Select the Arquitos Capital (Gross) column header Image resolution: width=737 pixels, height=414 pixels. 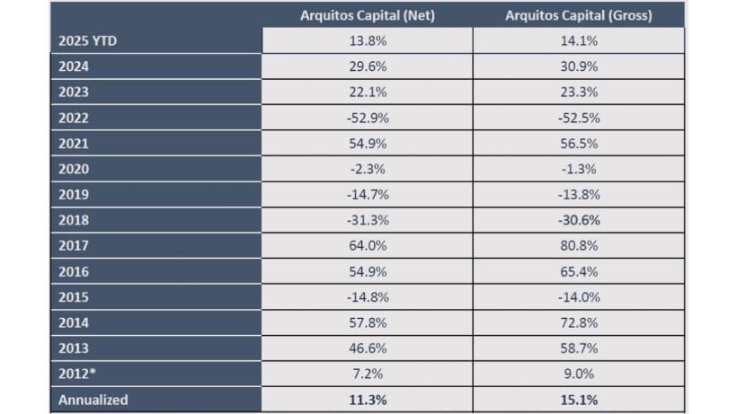point(578,15)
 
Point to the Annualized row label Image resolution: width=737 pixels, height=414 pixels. point(93,400)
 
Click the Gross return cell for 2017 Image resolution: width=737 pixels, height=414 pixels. point(578,246)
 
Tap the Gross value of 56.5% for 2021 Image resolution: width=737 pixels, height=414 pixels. point(578,144)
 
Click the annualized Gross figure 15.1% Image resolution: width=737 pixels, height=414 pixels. point(578,400)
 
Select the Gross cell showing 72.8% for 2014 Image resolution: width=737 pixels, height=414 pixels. point(578,322)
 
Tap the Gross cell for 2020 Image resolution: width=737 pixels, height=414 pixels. point(578,169)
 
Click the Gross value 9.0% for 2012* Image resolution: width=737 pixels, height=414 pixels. point(578,374)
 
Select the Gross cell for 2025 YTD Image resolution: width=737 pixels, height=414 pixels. point(578,40)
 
